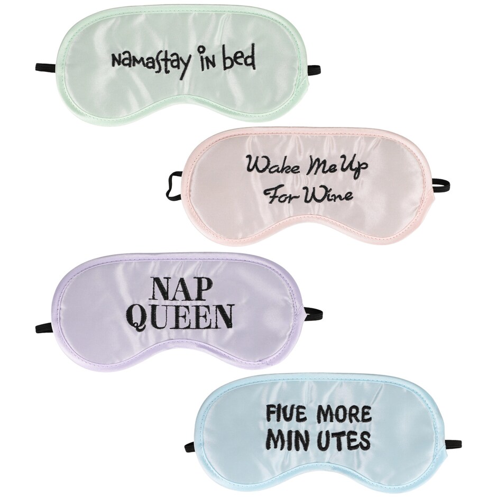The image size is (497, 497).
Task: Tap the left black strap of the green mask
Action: (x=47, y=67)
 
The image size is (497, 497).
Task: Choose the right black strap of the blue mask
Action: (x=455, y=444)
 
